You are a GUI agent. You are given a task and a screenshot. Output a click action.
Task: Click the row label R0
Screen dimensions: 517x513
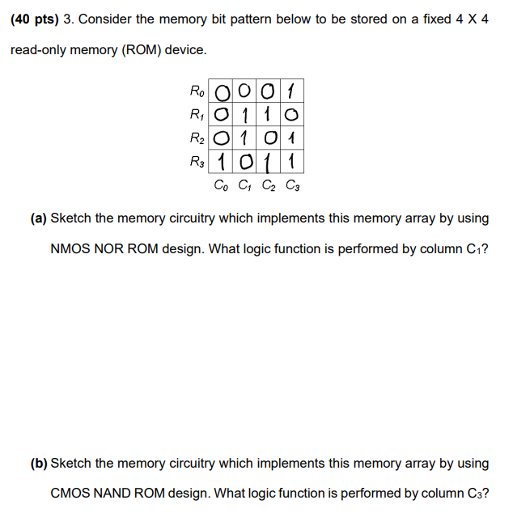[197, 90]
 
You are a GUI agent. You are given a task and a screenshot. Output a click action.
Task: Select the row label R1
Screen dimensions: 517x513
[197, 113]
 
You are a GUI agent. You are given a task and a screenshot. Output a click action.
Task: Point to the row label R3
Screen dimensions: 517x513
[197, 161]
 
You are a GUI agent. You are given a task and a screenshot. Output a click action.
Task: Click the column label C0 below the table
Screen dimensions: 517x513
[221, 185]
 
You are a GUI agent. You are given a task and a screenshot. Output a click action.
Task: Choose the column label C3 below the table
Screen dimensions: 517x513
[292, 185]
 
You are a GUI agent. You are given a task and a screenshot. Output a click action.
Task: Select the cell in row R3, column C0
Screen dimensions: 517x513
[220, 161]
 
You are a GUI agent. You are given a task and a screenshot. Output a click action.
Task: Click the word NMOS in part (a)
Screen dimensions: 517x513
[70, 248]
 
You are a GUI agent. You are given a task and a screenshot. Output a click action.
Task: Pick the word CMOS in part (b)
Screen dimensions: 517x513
[70, 493]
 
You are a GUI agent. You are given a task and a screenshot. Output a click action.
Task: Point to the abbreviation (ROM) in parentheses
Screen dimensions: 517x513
[141, 50]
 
